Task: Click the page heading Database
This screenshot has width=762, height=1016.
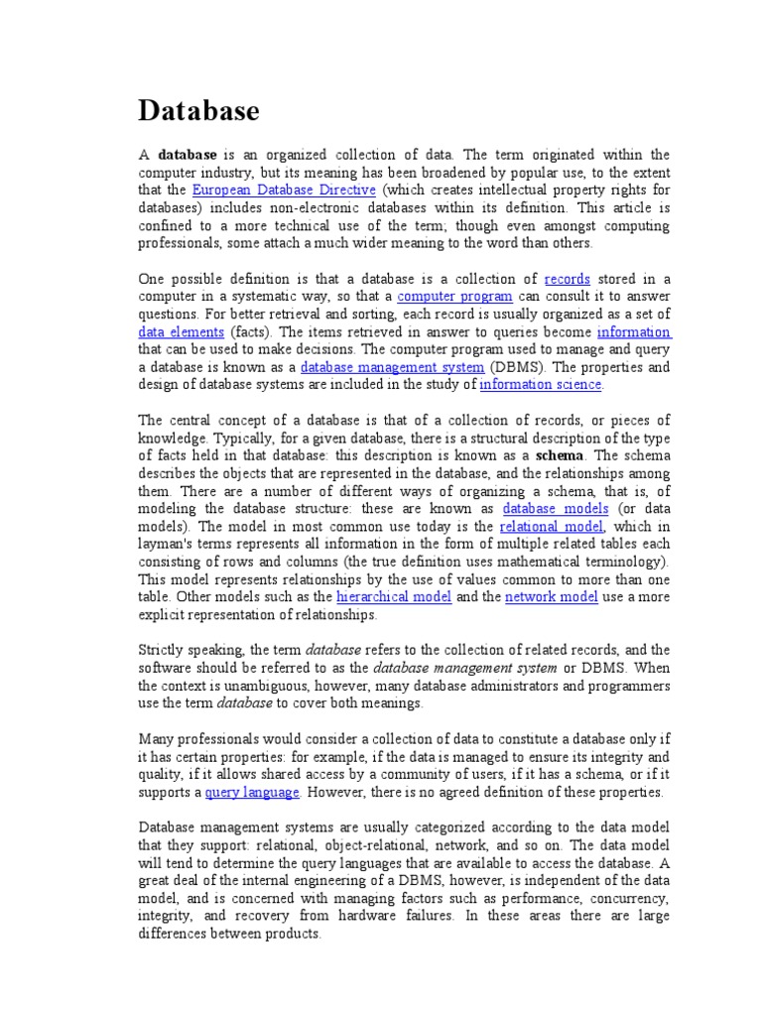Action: (x=198, y=111)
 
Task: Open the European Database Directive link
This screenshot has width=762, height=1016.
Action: (x=284, y=190)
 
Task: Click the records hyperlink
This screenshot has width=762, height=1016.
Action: (x=568, y=279)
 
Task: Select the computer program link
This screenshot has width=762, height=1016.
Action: (x=454, y=297)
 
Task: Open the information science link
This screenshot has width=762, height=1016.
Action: (x=541, y=385)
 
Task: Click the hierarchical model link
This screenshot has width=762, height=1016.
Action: (x=394, y=597)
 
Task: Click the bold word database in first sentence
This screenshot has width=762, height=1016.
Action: (x=188, y=155)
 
